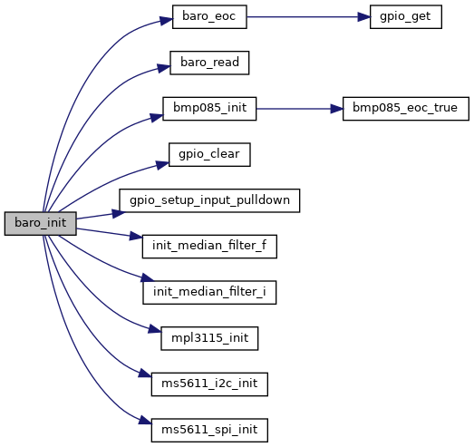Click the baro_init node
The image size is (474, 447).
tap(40, 223)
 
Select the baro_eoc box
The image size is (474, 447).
tap(209, 17)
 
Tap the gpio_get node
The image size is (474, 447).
tap(406, 17)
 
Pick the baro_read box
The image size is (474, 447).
tap(209, 63)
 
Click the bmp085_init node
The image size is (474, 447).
tap(209, 109)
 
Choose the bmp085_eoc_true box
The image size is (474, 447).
tap(406, 109)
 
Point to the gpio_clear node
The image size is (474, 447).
tap(209, 154)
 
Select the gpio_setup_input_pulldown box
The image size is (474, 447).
tap(209, 200)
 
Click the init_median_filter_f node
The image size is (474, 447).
tap(209, 247)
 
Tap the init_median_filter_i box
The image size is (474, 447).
tap(209, 293)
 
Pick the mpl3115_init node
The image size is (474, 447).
tap(209, 338)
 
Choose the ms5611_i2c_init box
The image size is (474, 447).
tap(209, 384)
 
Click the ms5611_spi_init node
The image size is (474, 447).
tap(209, 431)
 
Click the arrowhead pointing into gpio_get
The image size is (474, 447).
tap(364, 17)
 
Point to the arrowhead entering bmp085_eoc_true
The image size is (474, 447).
tap(336, 109)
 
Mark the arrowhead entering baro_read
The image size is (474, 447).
tap(163, 68)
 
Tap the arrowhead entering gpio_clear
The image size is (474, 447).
tap(162, 165)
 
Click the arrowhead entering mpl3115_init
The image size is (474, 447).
tap(154, 329)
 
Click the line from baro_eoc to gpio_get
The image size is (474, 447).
tap(303, 17)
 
